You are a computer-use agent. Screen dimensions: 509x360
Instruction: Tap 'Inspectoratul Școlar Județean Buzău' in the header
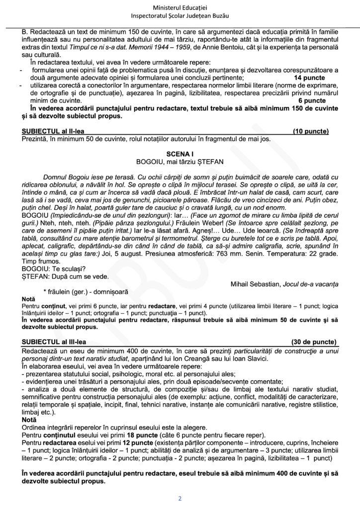(180, 17)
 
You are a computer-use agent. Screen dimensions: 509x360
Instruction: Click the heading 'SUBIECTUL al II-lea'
(53, 132)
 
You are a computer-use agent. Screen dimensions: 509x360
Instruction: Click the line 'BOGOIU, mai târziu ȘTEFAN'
(180, 162)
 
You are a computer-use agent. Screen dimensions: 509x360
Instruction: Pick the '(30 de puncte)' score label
(313, 342)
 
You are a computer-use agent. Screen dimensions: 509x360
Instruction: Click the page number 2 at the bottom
(180, 498)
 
